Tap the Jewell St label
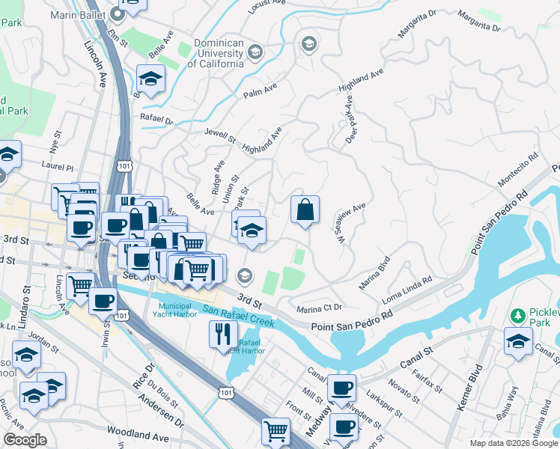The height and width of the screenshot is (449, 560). (220, 136)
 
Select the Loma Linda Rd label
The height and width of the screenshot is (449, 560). (407, 289)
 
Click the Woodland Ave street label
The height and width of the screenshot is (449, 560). (138, 433)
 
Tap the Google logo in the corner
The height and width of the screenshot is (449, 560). (25, 440)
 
